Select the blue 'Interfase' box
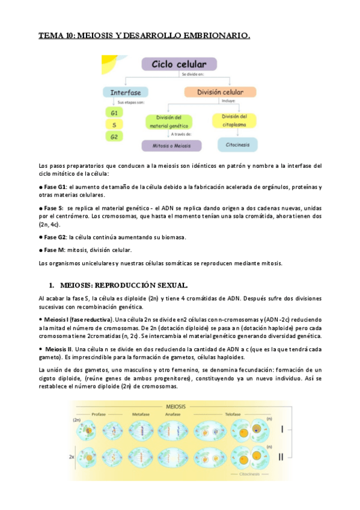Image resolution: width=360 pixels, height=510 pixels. [125, 93]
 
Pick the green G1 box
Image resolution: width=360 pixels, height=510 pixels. [114, 112]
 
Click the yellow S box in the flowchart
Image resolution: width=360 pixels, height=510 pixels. [114, 124]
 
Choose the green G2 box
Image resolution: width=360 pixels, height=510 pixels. [114, 137]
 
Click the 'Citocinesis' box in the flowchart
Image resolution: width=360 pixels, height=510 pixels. [237, 144]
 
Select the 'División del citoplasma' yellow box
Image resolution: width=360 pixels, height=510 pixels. [235, 120]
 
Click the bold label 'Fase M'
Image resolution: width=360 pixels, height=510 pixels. [55, 250]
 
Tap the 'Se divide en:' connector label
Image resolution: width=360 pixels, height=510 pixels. [194, 75]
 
